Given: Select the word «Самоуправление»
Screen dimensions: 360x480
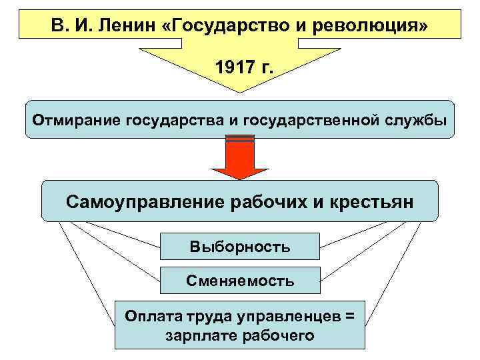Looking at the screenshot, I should point(145,201).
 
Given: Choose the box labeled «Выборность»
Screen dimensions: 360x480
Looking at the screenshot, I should point(239,247).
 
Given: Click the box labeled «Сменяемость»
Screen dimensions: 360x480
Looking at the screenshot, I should point(239,281).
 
